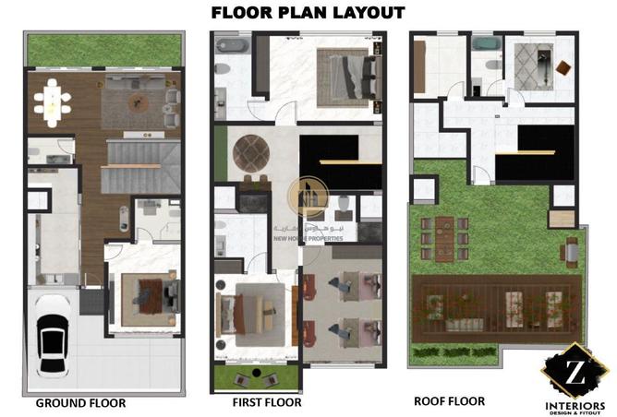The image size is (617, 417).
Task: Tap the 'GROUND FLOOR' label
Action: coord(80,403)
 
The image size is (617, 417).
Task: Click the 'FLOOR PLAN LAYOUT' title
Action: coord(308,12)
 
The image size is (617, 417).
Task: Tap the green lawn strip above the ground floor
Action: coord(103,49)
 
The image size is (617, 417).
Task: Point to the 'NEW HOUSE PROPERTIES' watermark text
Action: coord(308,238)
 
